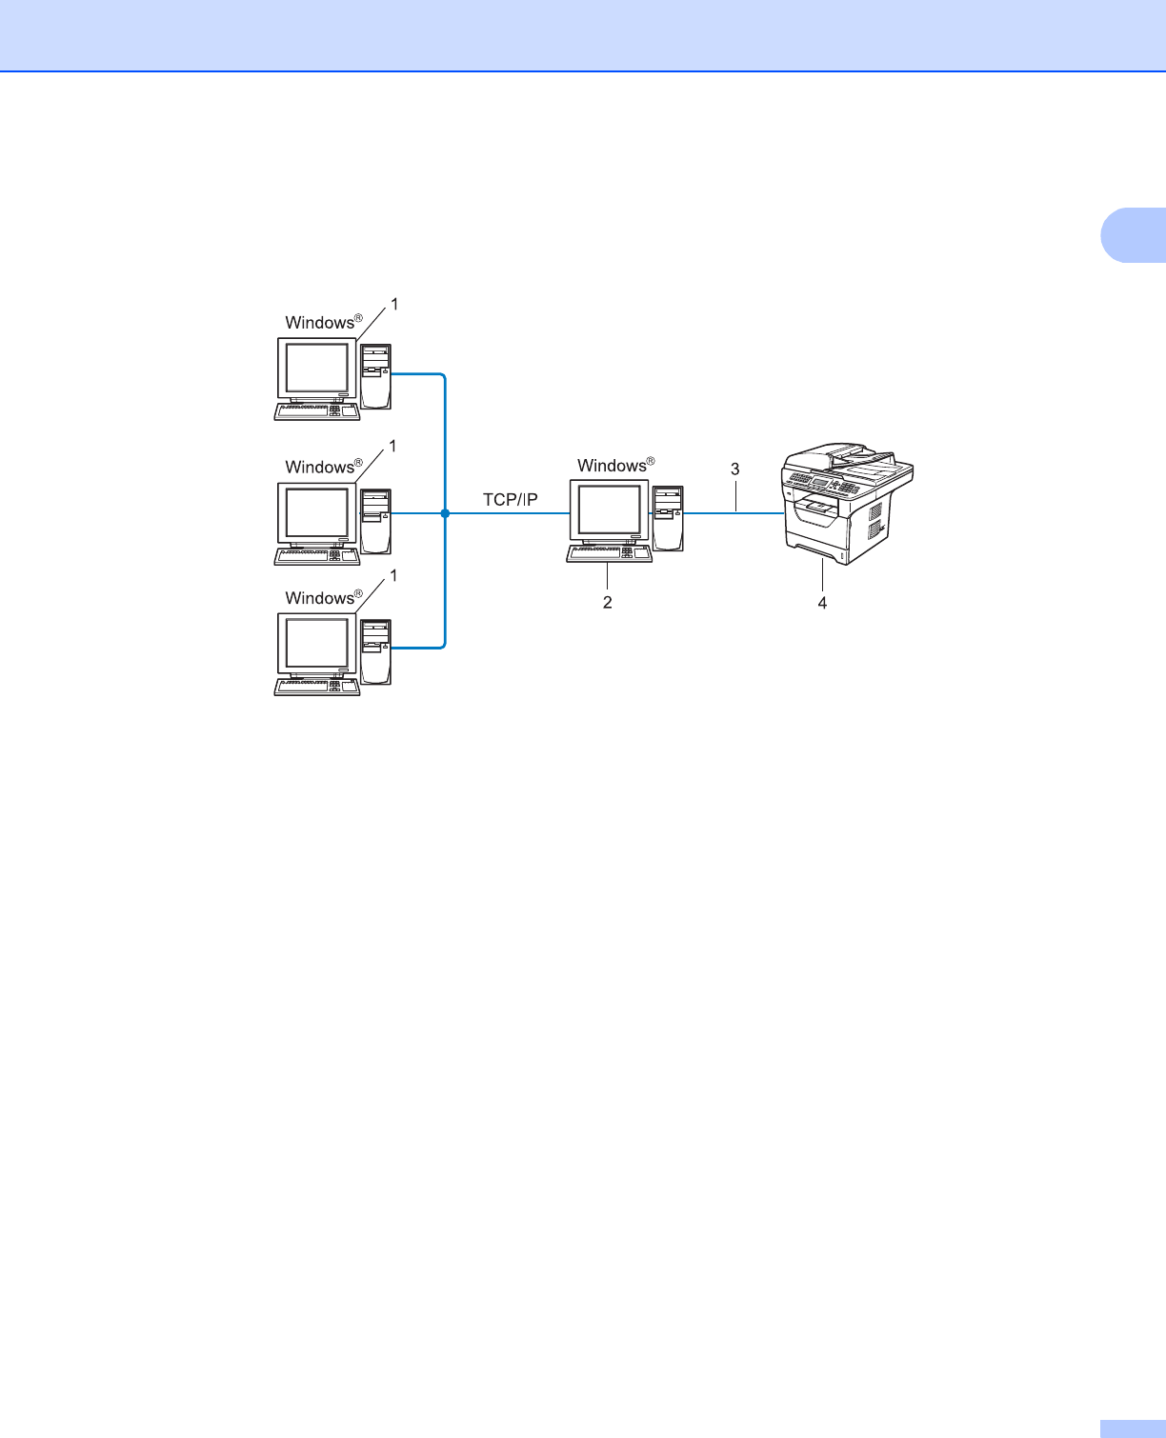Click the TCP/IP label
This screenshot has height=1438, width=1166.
(x=511, y=499)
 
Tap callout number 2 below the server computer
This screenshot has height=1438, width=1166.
(x=607, y=603)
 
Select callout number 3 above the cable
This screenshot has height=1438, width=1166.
(x=734, y=469)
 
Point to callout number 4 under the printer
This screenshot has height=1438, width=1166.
(x=822, y=603)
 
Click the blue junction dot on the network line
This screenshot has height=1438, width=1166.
(x=445, y=513)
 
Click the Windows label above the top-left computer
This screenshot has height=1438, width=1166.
(x=321, y=323)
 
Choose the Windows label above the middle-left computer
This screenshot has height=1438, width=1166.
(x=321, y=467)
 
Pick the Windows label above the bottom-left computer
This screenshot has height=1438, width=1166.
(x=321, y=598)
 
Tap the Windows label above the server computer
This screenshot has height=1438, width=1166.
(x=613, y=466)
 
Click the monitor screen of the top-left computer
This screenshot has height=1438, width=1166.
(x=317, y=369)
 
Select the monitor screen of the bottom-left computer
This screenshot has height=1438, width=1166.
(x=317, y=643)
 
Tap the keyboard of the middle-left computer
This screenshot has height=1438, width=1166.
(x=316, y=556)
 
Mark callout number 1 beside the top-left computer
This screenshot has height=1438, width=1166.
(x=393, y=305)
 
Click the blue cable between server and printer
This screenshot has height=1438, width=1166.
(x=734, y=513)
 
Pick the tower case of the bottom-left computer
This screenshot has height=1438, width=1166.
(x=376, y=650)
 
